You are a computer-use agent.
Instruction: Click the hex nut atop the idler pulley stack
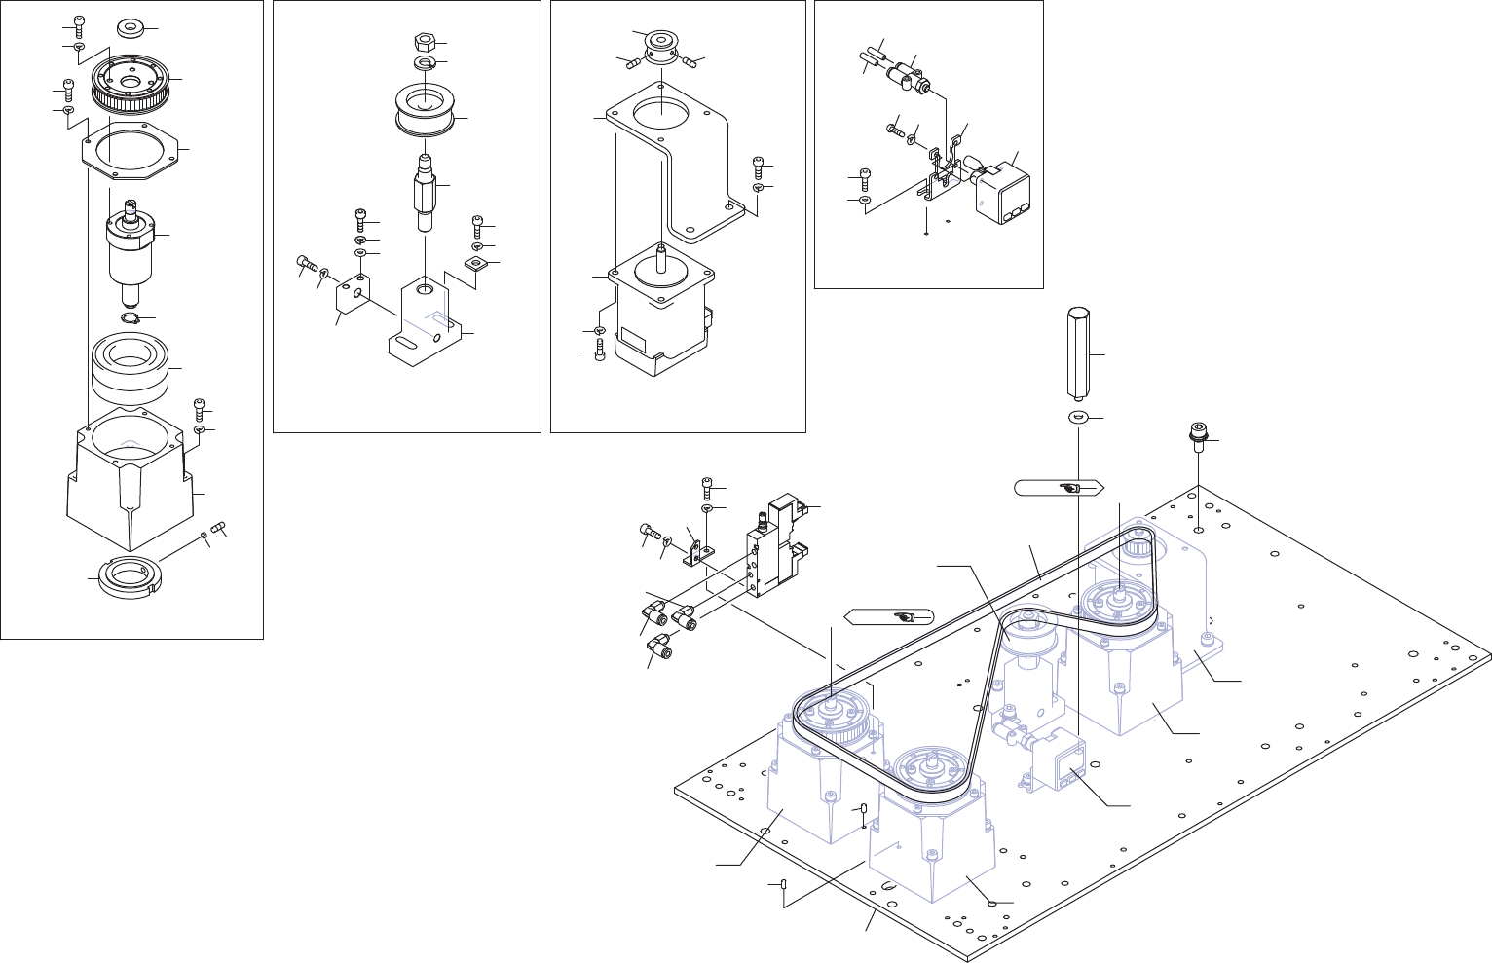click(x=425, y=43)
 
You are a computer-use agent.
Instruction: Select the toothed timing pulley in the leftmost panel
click(x=130, y=83)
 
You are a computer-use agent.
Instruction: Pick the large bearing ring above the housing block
click(x=131, y=367)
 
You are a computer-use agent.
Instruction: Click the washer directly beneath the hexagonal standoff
click(x=1077, y=418)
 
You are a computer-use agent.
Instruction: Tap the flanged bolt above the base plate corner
click(x=1197, y=433)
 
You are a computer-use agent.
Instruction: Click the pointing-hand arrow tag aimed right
click(x=1057, y=487)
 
